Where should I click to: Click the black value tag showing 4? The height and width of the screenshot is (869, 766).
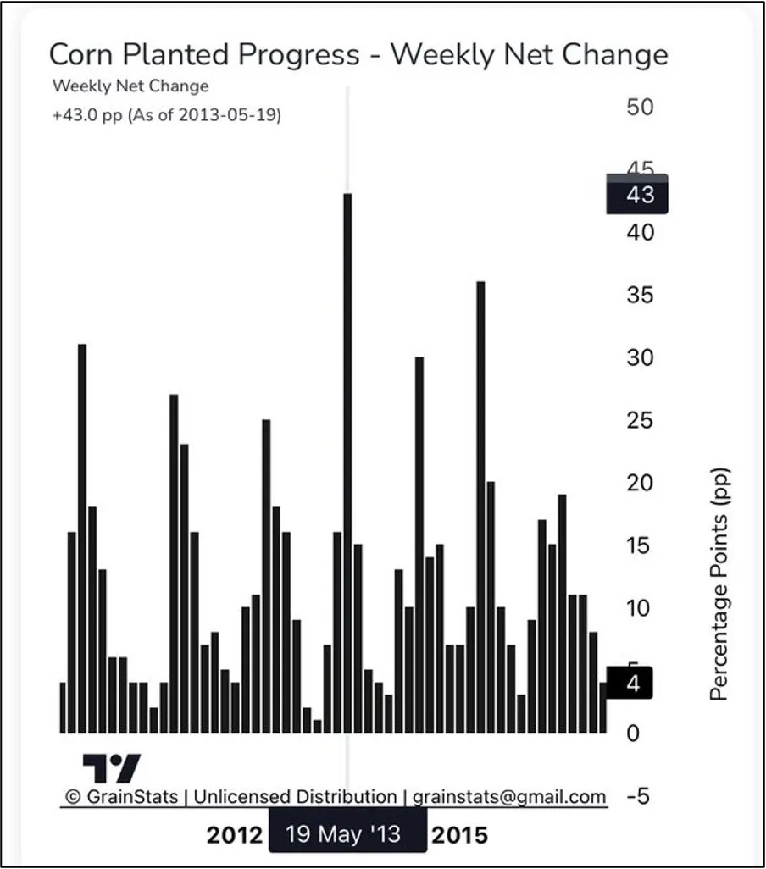tap(631, 684)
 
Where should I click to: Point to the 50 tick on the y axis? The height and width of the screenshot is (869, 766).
tap(640, 108)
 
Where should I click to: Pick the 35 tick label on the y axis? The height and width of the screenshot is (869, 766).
tap(640, 296)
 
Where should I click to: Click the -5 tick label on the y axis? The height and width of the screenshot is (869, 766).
tap(637, 796)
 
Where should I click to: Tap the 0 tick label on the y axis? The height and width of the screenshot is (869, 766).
tap(632, 733)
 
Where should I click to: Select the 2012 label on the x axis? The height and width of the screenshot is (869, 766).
tap(235, 835)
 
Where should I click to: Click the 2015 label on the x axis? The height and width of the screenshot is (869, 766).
tap(460, 835)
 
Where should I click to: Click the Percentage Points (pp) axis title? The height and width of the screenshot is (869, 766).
tap(719, 584)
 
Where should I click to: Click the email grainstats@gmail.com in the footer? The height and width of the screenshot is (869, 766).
tap(509, 797)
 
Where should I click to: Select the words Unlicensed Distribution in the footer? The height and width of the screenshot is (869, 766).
tap(295, 797)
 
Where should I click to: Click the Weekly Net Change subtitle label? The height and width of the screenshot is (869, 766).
tap(130, 86)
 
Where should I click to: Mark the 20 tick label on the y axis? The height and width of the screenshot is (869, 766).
tap(640, 483)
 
